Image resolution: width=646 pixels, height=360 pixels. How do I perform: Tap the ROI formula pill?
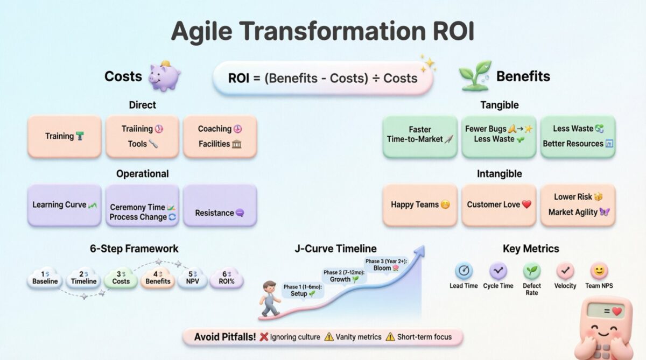pos(322,78)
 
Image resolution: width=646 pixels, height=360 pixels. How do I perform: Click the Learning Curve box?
pos(64,205)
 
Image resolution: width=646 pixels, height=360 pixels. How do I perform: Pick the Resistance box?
pos(220,206)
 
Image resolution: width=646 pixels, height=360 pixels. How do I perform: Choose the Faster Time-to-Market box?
pos(420,137)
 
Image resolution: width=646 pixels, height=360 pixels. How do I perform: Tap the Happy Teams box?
pos(420,205)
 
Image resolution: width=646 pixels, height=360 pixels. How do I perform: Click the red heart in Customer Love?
pos(526,205)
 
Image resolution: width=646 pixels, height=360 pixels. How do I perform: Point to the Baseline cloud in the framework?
pos(45,278)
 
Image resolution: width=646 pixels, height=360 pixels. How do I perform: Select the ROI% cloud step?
pos(226,278)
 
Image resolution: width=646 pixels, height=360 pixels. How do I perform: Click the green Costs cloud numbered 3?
pos(121,278)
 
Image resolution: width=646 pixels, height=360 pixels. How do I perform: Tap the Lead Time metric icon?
pos(464,271)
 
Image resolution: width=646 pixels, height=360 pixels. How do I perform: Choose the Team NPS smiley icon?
pos(599,271)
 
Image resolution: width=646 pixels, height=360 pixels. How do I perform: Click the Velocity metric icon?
pos(565,271)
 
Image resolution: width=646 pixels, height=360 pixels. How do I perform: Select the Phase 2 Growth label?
pos(344,276)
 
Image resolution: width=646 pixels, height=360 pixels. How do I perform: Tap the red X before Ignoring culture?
pos(264,337)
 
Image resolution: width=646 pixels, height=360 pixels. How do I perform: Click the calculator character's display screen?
pos(606,311)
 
